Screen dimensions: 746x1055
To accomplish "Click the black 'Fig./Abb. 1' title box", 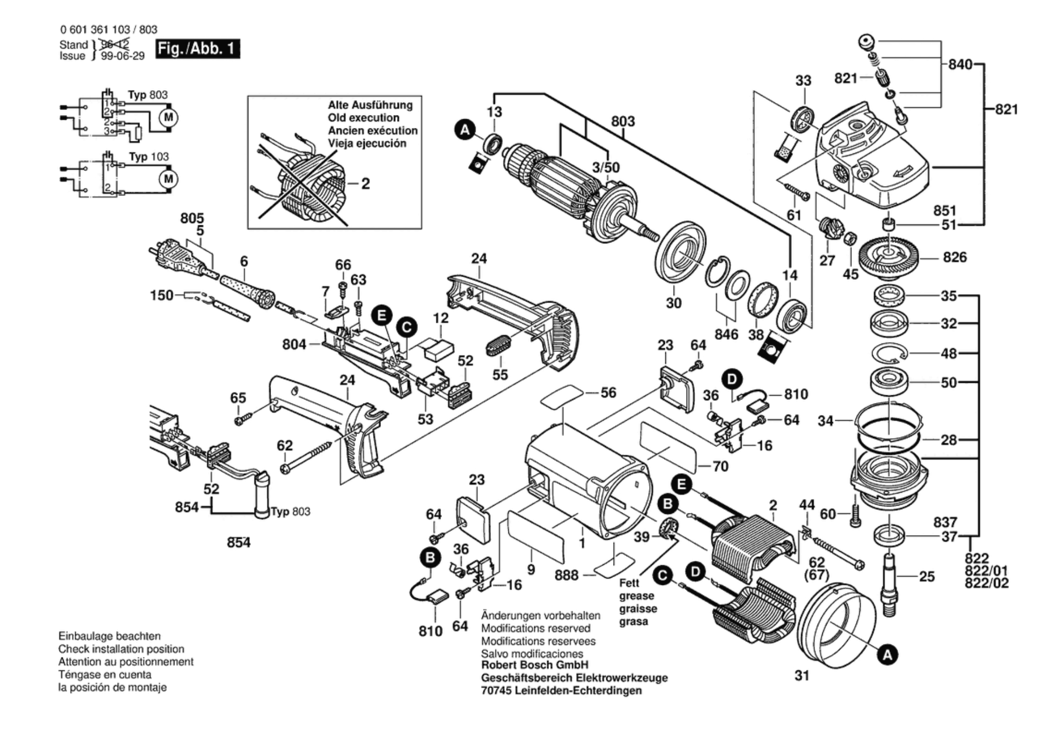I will pyautogui.click(x=197, y=49).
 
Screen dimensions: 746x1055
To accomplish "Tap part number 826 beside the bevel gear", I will pyautogui.click(x=954, y=257).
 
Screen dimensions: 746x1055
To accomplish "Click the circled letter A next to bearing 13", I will pyautogui.click(x=465, y=130).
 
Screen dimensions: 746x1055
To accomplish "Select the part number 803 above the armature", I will pyautogui.click(x=622, y=121).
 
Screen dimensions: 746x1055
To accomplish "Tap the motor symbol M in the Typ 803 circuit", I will pyautogui.click(x=168, y=118).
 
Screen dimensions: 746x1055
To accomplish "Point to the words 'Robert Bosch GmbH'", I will pyautogui.click(x=535, y=665).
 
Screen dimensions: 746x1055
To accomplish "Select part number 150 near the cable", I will pyautogui.click(x=161, y=295).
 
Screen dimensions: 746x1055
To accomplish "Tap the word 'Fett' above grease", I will pyautogui.click(x=629, y=583).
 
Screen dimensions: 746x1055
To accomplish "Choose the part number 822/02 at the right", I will pyautogui.click(x=987, y=583).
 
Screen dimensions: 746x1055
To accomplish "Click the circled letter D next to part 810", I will pyautogui.click(x=732, y=380).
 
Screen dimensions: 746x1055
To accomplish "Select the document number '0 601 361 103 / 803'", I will pyautogui.click(x=108, y=30).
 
